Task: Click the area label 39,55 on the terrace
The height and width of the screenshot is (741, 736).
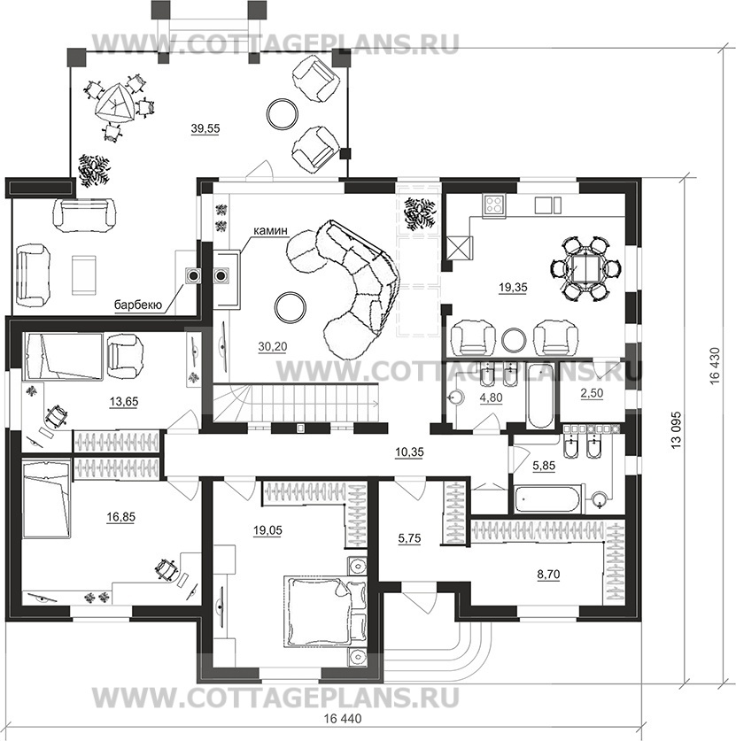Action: pos(205,128)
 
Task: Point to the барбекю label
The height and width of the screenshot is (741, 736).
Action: pos(136,305)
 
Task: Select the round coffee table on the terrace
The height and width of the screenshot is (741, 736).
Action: pos(283,112)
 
